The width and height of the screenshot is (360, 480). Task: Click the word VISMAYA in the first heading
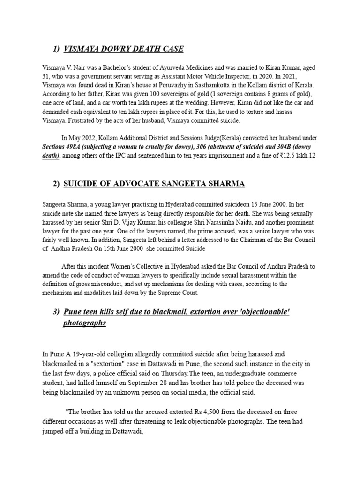(81, 49)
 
